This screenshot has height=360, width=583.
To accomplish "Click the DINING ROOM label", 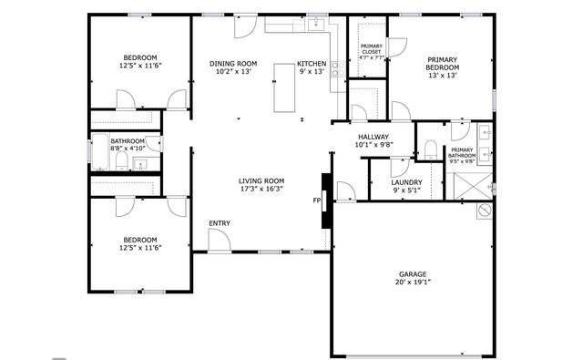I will (x=233, y=64).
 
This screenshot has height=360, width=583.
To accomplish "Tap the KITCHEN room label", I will (x=311, y=64).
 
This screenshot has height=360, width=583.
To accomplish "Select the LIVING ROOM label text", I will (x=261, y=180).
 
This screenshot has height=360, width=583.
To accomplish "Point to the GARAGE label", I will (x=413, y=273).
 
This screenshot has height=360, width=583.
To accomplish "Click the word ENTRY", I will (x=219, y=223).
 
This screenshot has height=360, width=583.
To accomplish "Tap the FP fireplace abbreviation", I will (x=317, y=200).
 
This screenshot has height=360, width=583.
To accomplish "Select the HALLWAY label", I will (x=373, y=136).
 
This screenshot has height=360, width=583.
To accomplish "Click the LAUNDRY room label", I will (x=406, y=182).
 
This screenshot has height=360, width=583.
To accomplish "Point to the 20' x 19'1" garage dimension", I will (x=413, y=283).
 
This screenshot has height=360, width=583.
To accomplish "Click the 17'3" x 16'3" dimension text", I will (x=261, y=190).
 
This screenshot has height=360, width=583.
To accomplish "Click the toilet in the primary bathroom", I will (x=430, y=149).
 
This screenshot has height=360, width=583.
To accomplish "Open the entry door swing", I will (x=219, y=241).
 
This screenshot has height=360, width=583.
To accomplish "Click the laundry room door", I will (x=399, y=167).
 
